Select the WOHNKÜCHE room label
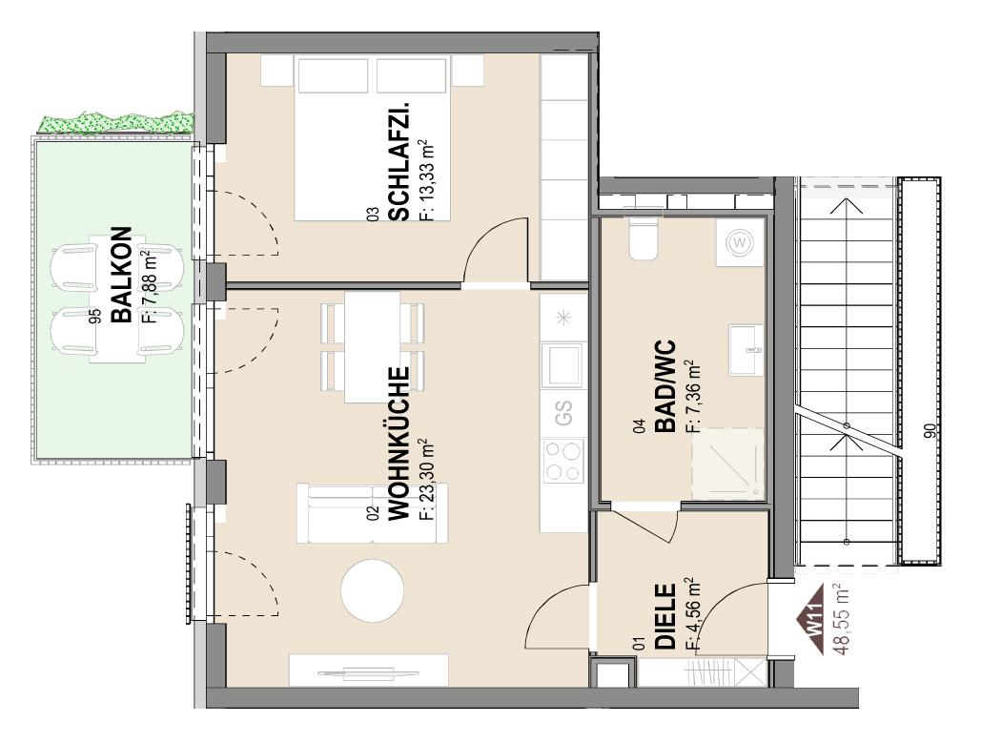[399, 444]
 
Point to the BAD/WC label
[664, 386]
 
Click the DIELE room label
[665, 617]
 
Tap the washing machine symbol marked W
[740, 243]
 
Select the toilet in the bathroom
[643, 238]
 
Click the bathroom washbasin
[745, 349]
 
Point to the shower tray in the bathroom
[729, 462]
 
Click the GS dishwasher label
[563, 413]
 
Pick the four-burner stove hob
[563, 462]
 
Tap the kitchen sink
[563, 363]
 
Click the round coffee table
[372, 588]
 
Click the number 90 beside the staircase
[930, 432]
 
